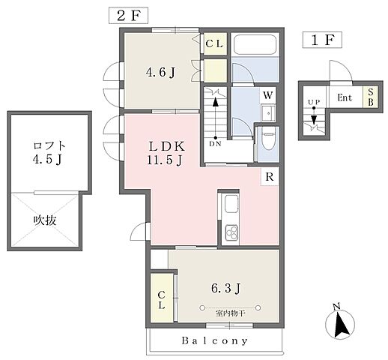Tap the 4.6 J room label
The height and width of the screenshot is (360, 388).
(160, 73)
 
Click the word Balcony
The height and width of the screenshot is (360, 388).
(215, 340)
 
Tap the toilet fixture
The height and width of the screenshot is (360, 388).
(268, 142)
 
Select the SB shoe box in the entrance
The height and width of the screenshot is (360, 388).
(369, 97)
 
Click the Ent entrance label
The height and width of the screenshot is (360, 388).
(345, 97)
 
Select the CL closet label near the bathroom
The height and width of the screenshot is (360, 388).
(213, 43)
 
